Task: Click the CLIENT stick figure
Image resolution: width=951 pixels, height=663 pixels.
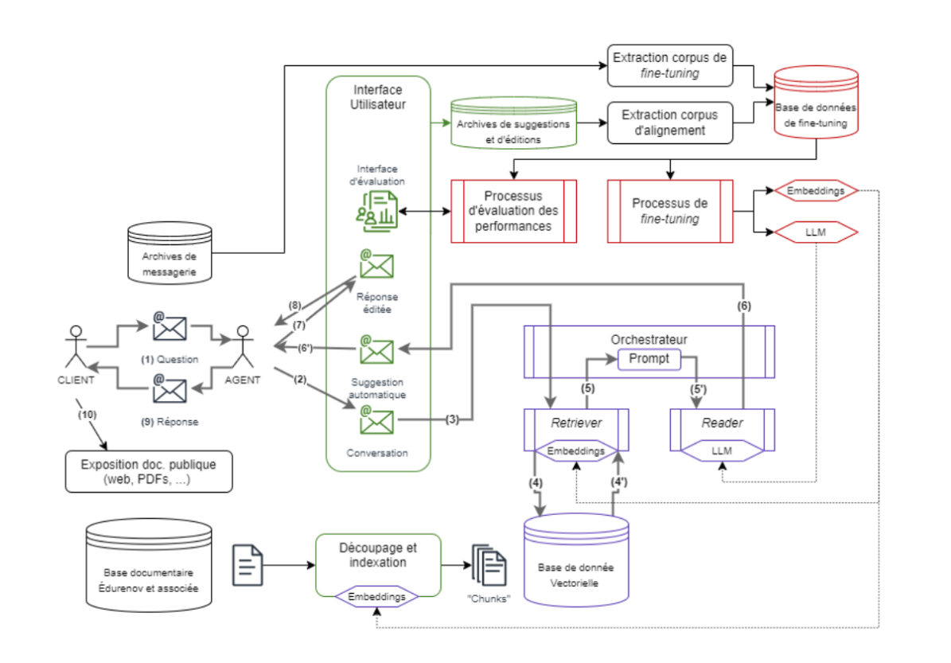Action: point(76,347)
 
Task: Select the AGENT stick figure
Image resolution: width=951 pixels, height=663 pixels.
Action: point(244,347)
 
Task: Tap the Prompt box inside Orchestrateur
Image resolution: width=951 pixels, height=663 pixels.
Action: point(649,359)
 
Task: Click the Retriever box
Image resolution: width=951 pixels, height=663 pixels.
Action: point(576,430)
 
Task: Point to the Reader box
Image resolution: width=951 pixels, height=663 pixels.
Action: point(722,430)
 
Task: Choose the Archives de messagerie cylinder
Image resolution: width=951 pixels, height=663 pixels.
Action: point(170,253)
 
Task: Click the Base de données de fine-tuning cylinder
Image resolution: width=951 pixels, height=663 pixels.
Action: point(816,102)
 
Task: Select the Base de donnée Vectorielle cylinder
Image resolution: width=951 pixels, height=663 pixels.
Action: point(575,560)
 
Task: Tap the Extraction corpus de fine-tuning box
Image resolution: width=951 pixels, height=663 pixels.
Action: point(669,65)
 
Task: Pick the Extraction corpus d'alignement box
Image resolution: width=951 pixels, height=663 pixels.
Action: point(669,123)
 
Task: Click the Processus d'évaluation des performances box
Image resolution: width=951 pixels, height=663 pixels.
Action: point(513,211)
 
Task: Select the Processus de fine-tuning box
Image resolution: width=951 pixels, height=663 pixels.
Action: point(669,211)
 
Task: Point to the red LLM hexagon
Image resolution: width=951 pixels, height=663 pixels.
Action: point(816,232)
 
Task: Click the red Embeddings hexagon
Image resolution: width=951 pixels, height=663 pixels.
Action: point(816,190)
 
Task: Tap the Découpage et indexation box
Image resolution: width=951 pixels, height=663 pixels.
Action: point(378,565)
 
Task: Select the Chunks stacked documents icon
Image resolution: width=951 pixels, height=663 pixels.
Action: point(489,565)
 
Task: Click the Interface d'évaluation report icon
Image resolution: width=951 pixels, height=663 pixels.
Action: point(376,211)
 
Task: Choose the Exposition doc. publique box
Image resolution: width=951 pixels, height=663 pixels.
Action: point(149,471)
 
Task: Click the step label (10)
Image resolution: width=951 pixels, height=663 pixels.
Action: point(87,415)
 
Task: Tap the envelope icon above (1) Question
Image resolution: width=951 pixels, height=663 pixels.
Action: point(170,326)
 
